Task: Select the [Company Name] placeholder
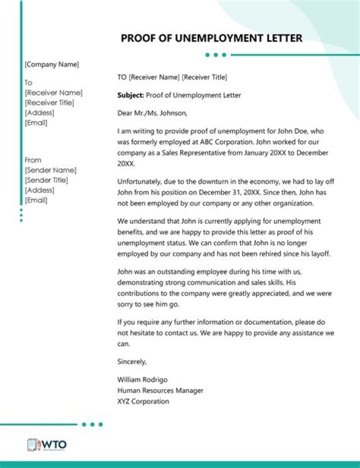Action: coord(52,64)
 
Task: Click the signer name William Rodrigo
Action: coord(142,380)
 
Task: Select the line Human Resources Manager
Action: coord(160,391)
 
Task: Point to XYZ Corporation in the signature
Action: coord(143,402)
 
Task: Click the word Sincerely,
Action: coord(132,362)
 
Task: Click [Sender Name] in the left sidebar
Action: coord(50,170)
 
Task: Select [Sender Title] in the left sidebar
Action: coord(46,180)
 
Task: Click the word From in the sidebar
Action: coord(33,160)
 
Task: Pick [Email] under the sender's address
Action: coord(36,200)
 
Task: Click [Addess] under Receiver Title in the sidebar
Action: coord(39,113)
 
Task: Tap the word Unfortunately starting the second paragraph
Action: coord(138,182)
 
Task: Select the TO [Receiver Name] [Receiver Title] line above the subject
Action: coord(172,77)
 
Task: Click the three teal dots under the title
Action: coord(216,55)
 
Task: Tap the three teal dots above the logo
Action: coord(92,425)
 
